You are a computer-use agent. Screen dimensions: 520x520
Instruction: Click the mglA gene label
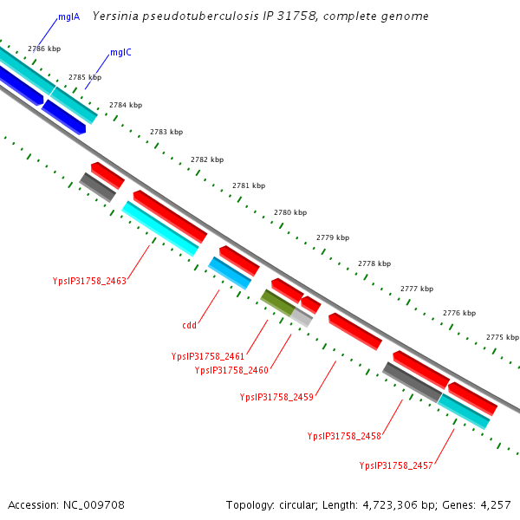point(69,16)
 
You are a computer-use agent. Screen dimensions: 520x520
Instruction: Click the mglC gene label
point(120,52)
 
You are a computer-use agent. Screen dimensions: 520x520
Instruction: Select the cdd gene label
point(189,326)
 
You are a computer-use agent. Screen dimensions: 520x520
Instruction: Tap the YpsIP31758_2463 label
point(89,281)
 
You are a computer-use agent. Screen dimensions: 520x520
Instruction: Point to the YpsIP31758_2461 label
point(208,356)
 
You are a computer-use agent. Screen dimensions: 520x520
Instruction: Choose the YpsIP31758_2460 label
point(231,370)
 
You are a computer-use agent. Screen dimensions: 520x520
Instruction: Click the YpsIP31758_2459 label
point(276,397)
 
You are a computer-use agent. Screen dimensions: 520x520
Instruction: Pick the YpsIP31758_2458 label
point(344,436)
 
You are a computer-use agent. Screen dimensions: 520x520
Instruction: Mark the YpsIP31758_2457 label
point(396,465)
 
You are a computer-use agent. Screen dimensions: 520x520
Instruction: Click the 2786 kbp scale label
point(43,49)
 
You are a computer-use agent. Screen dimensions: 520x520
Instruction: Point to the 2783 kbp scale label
point(166,132)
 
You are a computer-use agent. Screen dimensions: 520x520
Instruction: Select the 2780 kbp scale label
point(290,212)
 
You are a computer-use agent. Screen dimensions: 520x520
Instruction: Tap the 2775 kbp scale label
point(503,337)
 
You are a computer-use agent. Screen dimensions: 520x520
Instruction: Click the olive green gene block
point(277,302)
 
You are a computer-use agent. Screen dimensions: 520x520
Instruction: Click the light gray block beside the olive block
point(301,317)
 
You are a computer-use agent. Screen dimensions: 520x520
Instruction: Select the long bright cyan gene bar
point(159,228)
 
